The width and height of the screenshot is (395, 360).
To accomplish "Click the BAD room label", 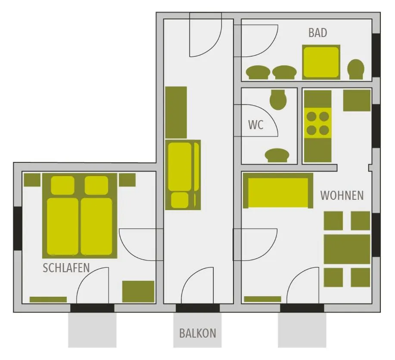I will point(317,33).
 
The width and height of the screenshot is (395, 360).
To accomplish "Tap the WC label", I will point(255,125).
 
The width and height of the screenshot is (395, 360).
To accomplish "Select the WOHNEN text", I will point(342,196).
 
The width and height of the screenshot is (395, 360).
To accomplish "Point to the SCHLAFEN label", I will point(66,268).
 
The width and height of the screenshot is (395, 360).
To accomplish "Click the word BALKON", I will point(197,333).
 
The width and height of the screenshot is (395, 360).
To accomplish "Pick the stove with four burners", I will point(317,123).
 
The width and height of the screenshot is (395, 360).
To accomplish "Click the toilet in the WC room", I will point(278,99).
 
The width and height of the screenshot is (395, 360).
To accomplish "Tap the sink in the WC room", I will point(277,155).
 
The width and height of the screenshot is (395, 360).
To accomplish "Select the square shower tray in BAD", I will point(321,62).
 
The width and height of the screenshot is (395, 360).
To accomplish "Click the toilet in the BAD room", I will point(356,69).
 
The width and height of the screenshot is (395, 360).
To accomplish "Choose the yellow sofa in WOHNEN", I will point(278,191).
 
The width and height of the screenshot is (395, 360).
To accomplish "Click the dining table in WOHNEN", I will point(347,249).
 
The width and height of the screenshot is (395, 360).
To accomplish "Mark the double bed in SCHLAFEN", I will point(80,215).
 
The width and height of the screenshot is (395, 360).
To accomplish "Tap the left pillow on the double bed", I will point(63,185).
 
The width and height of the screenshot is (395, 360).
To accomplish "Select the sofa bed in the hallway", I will point(183,174).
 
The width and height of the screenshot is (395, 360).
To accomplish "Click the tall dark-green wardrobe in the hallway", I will point(176,112).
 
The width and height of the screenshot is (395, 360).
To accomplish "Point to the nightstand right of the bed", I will point(127,180).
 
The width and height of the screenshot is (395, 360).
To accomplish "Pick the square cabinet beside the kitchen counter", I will point(357,100).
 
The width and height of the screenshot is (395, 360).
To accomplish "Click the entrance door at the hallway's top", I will point(205,37).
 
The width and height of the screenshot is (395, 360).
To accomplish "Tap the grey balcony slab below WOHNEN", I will point(302,330).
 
